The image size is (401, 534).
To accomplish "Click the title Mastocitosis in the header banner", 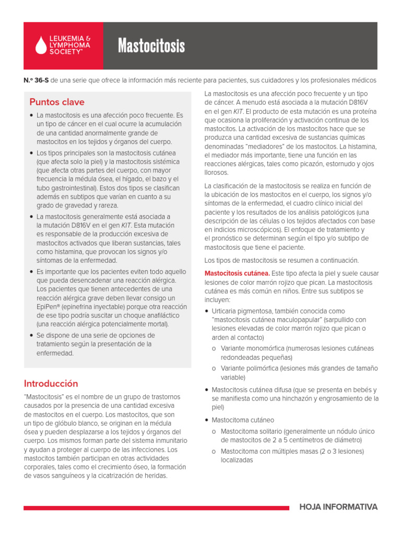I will click(151, 46).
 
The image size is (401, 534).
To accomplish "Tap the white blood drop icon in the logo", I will click(41, 46).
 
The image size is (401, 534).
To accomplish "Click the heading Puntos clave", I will click(56, 102).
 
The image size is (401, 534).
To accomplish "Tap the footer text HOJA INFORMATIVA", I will click(338, 507).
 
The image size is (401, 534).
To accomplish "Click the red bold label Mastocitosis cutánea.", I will click(237, 273).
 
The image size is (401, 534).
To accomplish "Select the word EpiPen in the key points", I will click(48, 307).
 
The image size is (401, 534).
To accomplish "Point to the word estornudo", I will click(326, 164).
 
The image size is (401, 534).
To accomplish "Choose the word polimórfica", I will click(265, 368).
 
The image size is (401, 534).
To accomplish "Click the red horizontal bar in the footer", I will click(156, 507).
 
